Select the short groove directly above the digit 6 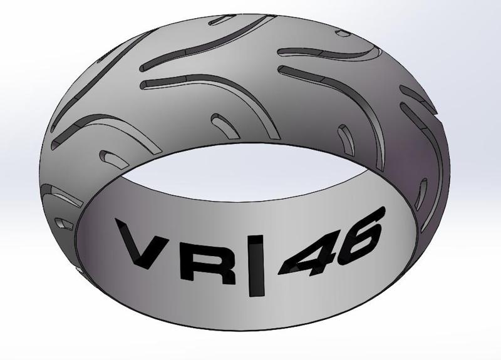point(345,137)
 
